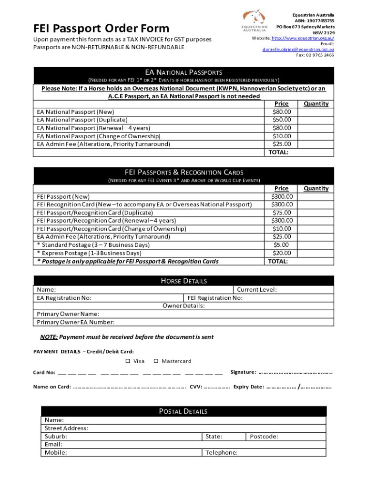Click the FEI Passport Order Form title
tap(101, 28)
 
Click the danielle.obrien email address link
tap(298, 49)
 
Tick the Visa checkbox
tap(128, 361)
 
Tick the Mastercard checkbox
tap(157, 361)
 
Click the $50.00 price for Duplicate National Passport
tap(281, 120)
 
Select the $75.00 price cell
tap(281, 213)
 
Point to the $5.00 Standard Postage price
tap(281, 245)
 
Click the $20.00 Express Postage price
tap(281, 253)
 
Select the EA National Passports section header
tap(183, 72)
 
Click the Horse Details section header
tap(183, 281)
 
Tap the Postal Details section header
tap(183, 411)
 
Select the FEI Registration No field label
tap(215, 298)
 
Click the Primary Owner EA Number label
tap(75, 322)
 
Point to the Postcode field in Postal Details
tap(264, 436)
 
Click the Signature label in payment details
tap(243, 372)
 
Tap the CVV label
tap(195, 387)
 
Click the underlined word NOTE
tap(49, 337)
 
